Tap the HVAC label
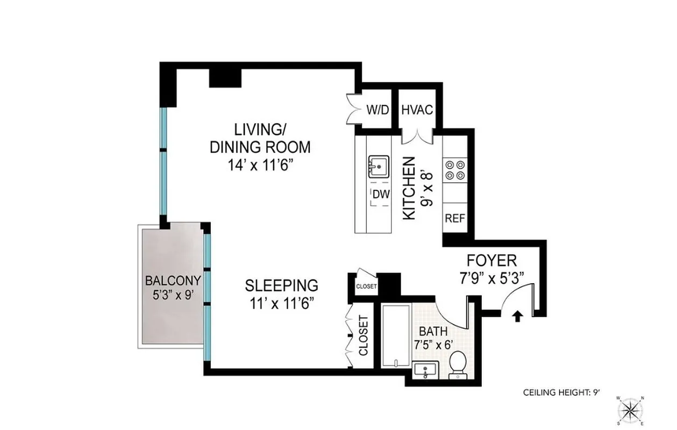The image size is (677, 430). coord(417,110)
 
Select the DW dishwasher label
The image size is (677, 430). coord(381,194)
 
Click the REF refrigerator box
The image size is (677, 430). coord(454,219)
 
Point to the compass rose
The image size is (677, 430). coord(632,410)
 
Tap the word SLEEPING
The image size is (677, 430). coord(281,285)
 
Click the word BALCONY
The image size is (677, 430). coord(173,280)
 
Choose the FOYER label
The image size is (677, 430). coord(491,261)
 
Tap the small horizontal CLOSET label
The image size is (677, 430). coord(367,286)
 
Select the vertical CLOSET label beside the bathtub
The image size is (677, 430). coord(364,335)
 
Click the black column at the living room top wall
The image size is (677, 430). coord(224,77)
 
